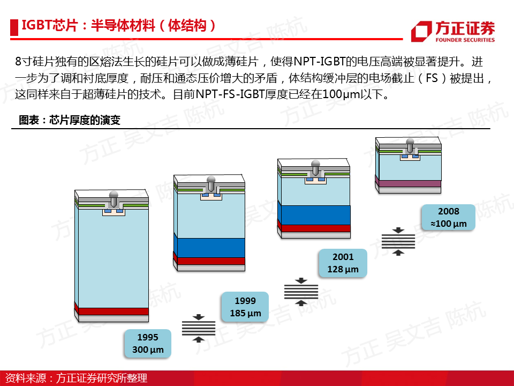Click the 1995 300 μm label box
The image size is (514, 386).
[148, 343]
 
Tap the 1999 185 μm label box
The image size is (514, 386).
[245, 307]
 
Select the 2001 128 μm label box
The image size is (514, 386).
[343, 263]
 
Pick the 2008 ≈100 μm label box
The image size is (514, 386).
[449, 217]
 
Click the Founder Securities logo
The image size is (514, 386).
[453, 31]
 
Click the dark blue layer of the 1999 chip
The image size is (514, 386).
[209, 248]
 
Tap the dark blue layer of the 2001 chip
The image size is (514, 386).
[314, 214]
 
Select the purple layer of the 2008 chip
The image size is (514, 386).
[408, 183]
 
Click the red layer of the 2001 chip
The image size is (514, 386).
[314, 228]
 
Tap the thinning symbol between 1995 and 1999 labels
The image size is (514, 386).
[199, 328]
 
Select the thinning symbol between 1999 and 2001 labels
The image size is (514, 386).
[301, 292]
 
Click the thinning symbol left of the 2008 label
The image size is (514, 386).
[398, 241]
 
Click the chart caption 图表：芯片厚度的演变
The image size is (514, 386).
[70, 120]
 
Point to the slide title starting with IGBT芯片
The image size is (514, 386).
[119, 26]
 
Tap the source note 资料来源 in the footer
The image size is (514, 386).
[76, 378]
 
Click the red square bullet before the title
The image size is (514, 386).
[14, 27]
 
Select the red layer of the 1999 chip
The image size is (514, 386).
[209, 261]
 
